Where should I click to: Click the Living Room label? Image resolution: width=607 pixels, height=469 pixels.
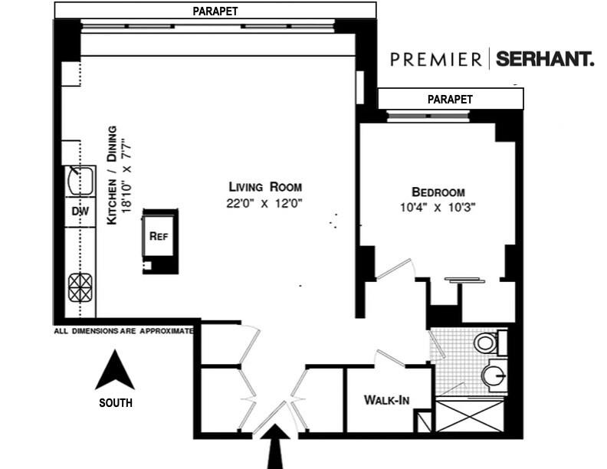click(x=265, y=186)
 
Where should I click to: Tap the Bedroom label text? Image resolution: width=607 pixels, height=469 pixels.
click(x=438, y=192)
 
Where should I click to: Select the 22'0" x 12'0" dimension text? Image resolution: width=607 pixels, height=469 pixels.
click(x=265, y=203)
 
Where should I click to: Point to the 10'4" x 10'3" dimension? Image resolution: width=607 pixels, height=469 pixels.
click(x=438, y=207)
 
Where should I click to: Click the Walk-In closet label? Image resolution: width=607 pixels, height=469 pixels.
click(x=386, y=400)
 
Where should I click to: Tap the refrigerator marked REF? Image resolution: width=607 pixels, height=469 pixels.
click(x=159, y=237)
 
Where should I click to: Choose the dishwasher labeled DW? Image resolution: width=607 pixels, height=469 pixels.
click(x=80, y=211)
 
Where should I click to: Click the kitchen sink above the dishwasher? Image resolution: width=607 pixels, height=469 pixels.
click(x=80, y=182)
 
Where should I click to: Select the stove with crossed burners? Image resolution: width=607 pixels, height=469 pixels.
click(x=80, y=288)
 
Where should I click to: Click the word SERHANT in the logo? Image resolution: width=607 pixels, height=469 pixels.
click(x=544, y=59)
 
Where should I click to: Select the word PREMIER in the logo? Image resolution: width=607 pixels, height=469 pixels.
click(x=435, y=59)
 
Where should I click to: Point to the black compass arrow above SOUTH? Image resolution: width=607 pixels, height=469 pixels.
click(x=114, y=371)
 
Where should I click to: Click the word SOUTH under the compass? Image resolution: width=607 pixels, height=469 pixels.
click(x=115, y=402)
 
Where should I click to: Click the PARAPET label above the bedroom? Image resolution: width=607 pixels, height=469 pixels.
click(x=450, y=99)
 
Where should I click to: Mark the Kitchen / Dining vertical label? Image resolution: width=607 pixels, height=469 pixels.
click(x=116, y=175)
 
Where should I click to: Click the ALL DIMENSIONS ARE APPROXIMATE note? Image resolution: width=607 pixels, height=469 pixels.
click(x=123, y=331)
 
